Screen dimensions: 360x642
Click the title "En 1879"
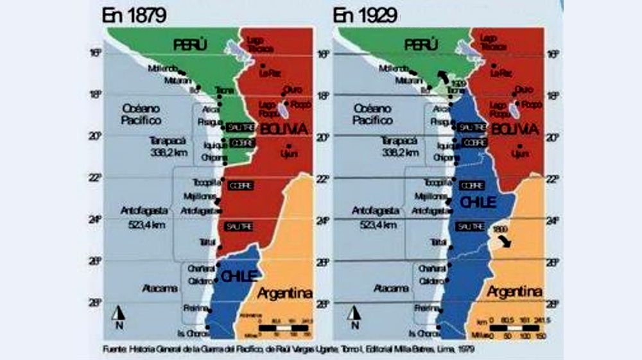[134, 15]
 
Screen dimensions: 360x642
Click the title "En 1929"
[365, 15]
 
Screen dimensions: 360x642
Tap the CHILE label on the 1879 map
[238, 277]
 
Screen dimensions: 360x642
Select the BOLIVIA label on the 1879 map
[284, 130]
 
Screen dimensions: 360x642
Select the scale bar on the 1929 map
[518, 327]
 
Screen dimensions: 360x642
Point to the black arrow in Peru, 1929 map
[444, 78]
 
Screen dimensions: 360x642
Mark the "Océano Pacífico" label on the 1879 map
[142, 114]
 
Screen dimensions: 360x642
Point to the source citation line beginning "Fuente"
[292, 350]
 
